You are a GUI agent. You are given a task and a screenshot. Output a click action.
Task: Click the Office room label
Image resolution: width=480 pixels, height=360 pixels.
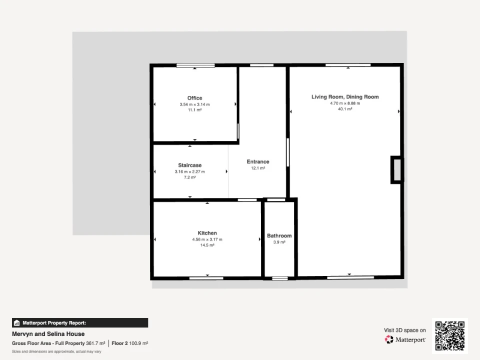click(x=194, y=98)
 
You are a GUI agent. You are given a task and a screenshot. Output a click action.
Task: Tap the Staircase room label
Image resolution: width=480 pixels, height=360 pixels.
click(x=190, y=165)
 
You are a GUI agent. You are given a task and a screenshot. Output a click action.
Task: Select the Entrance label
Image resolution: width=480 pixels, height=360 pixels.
click(x=258, y=161)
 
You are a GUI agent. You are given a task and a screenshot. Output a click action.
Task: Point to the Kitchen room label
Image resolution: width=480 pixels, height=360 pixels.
click(x=207, y=233)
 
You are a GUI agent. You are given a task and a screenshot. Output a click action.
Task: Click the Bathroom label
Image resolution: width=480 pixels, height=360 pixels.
click(x=279, y=235)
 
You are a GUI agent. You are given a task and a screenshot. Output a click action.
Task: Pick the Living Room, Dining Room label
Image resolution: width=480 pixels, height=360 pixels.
click(x=345, y=96)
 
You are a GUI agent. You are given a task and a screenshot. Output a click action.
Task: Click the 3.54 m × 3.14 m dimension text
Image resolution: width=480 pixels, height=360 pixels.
click(x=194, y=104)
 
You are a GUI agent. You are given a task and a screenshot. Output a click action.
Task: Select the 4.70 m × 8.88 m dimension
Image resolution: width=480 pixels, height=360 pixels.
click(x=345, y=103)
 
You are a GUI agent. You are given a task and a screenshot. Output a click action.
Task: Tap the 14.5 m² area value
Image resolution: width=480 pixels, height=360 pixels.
click(x=207, y=245)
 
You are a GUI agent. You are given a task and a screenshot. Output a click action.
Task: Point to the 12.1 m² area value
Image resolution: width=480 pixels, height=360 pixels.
click(x=258, y=168)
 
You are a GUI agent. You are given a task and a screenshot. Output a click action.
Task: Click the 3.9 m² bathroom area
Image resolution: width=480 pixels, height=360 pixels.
click(x=279, y=242)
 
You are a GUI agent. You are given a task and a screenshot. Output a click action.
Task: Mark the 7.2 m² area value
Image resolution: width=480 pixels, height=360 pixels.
click(x=190, y=177)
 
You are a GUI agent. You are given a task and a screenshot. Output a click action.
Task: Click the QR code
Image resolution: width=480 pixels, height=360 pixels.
click(x=450, y=336)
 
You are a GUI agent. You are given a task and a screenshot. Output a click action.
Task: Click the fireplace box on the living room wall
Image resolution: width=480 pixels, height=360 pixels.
click(x=397, y=170)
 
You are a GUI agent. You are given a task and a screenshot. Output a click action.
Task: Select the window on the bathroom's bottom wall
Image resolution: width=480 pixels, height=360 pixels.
click(x=280, y=278)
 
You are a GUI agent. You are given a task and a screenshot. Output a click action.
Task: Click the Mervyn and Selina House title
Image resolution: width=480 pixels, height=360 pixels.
click(x=48, y=334)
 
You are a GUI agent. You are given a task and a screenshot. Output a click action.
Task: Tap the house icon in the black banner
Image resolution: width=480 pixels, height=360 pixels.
click(x=17, y=323)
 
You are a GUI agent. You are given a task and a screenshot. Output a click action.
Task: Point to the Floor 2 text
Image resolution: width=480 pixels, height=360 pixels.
click(x=119, y=343)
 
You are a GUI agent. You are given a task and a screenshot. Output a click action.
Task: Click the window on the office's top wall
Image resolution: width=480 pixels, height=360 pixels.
click(x=195, y=65)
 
